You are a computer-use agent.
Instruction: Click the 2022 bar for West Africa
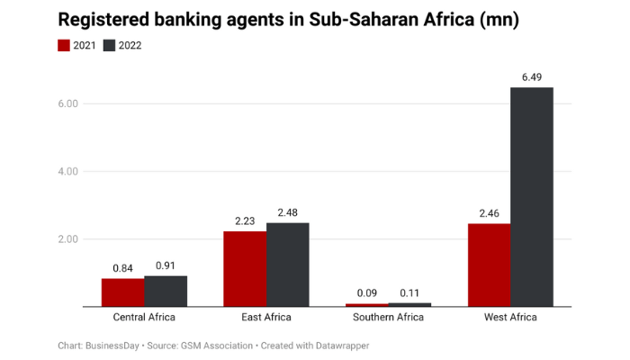(532, 196)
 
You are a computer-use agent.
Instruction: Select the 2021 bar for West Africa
(489, 265)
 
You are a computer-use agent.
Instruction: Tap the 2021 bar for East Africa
(245, 268)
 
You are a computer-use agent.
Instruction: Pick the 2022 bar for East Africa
(287, 264)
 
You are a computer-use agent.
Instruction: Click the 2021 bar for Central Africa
(122, 292)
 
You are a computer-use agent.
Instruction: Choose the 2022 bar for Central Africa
(166, 291)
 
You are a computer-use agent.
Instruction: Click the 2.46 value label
(489, 214)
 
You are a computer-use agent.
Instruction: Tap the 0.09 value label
(367, 294)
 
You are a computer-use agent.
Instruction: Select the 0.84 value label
(122, 268)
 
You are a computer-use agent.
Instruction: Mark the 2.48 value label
(287, 213)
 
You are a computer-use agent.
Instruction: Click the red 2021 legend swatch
(64, 45)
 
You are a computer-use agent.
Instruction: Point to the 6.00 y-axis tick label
(68, 103)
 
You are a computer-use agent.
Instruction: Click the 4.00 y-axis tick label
(68, 171)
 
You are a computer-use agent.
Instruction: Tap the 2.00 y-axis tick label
(68, 239)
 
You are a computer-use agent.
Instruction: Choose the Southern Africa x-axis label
(388, 318)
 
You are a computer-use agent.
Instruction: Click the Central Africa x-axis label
(144, 318)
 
